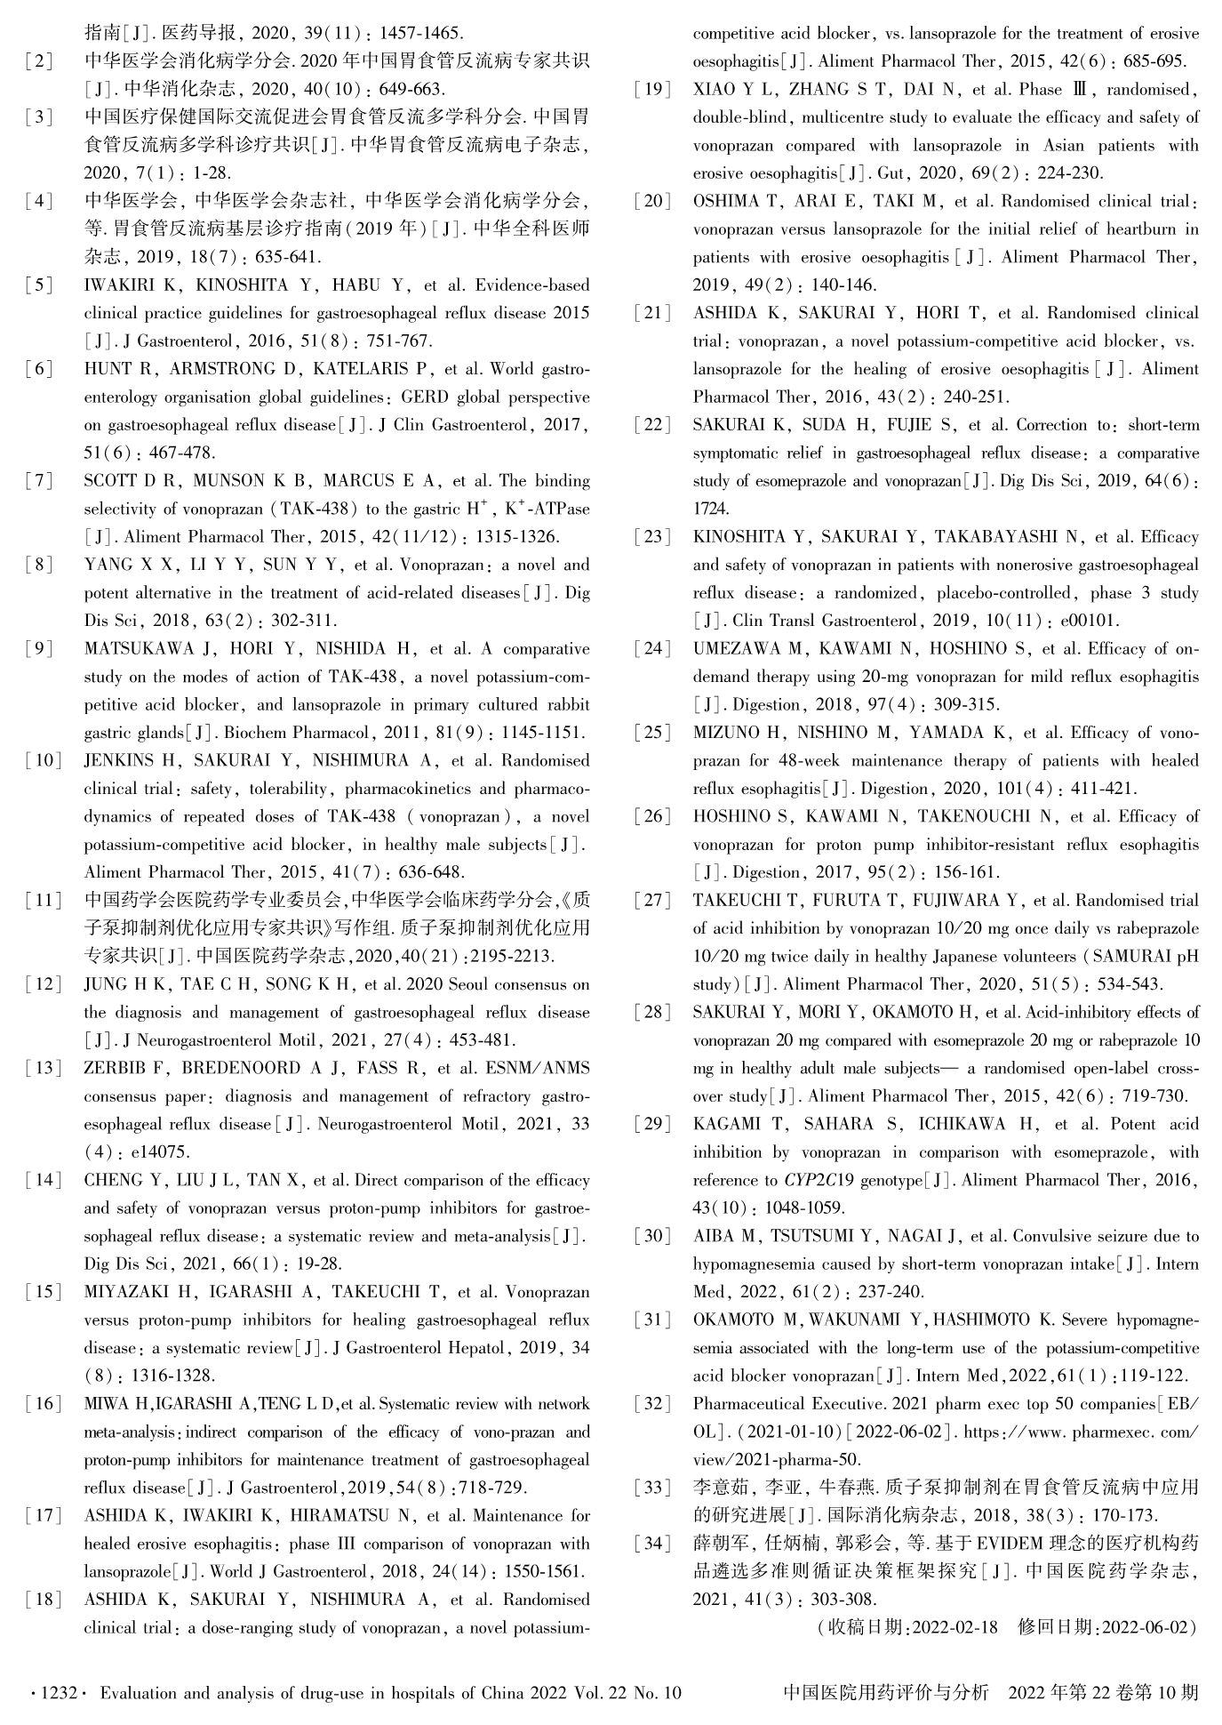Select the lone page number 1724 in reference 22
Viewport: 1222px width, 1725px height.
(x=711, y=509)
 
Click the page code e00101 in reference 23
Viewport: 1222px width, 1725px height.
(x=1088, y=621)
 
